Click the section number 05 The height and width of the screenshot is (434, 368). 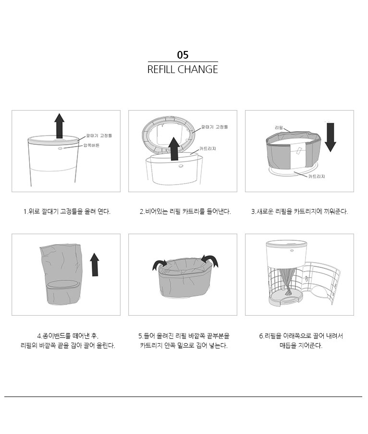pos(183,55)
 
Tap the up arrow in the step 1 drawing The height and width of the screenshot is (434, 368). pos(59,125)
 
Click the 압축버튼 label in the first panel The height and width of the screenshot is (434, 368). pos(91,145)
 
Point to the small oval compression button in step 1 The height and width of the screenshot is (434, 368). pos(60,149)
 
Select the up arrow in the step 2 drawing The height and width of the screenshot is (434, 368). pos(174,149)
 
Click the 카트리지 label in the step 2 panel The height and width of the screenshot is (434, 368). pos(208,149)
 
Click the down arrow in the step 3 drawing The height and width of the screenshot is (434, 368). pos(330,137)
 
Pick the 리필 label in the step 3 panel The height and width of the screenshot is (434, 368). pos(279,127)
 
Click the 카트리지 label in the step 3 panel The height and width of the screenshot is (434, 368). pos(317,176)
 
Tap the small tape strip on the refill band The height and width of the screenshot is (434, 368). pos(299,151)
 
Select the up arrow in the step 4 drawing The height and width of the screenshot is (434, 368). pos(95,265)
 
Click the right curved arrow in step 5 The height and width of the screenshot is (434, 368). pos(210,260)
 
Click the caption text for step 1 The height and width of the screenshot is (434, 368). pos(67,211)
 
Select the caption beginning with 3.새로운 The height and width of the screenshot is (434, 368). pos(299,211)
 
